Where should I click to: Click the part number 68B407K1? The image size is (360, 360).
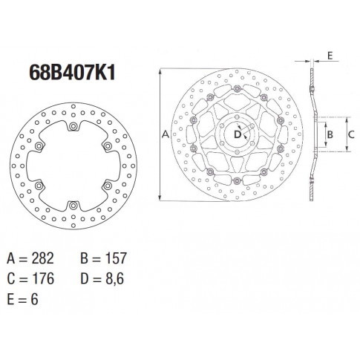pyautogui.click(x=72, y=73)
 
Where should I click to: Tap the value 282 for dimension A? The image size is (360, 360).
pyautogui.click(x=42, y=258)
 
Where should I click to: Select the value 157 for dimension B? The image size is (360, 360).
pyautogui.click(x=116, y=258)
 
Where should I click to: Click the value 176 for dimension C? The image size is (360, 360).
pyautogui.click(x=43, y=278)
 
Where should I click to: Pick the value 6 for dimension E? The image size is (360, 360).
pyautogui.click(x=34, y=299)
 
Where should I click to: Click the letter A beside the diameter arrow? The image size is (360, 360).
pyautogui.click(x=166, y=134)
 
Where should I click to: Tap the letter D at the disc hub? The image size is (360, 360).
pyautogui.click(x=238, y=134)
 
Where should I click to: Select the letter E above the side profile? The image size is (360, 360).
pyautogui.click(x=330, y=56)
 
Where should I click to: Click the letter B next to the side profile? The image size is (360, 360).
pyautogui.click(x=330, y=134)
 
